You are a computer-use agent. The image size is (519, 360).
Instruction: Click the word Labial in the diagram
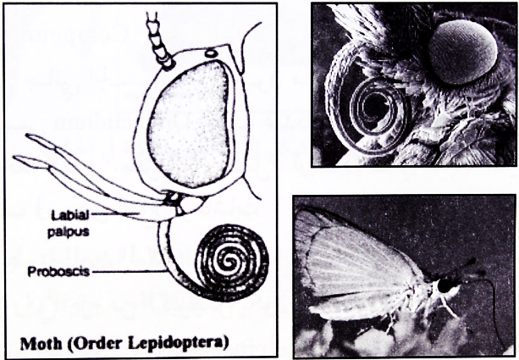pyautogui.click(x=69, y=216)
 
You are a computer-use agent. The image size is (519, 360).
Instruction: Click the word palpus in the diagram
pyautogui.click(x=69, y=231)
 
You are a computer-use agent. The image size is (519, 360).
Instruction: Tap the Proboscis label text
pyautogui.click(x=58, y=272)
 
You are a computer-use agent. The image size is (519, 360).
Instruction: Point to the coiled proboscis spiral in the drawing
pyautogui.click(x=232, y=263)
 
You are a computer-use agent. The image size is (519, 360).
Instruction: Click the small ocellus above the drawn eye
pyautogui.click(x=210, y=53)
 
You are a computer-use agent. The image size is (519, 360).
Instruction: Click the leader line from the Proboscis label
pyautogui.click(x=129, y=272)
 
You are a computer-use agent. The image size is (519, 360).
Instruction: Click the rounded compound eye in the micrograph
pyautogui.click(x=463, y=52)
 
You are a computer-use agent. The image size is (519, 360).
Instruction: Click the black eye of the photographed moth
pyautogui.click(x=445, y=285)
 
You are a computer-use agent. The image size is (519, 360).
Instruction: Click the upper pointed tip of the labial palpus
pyautogui.click(x=26, y=136)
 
